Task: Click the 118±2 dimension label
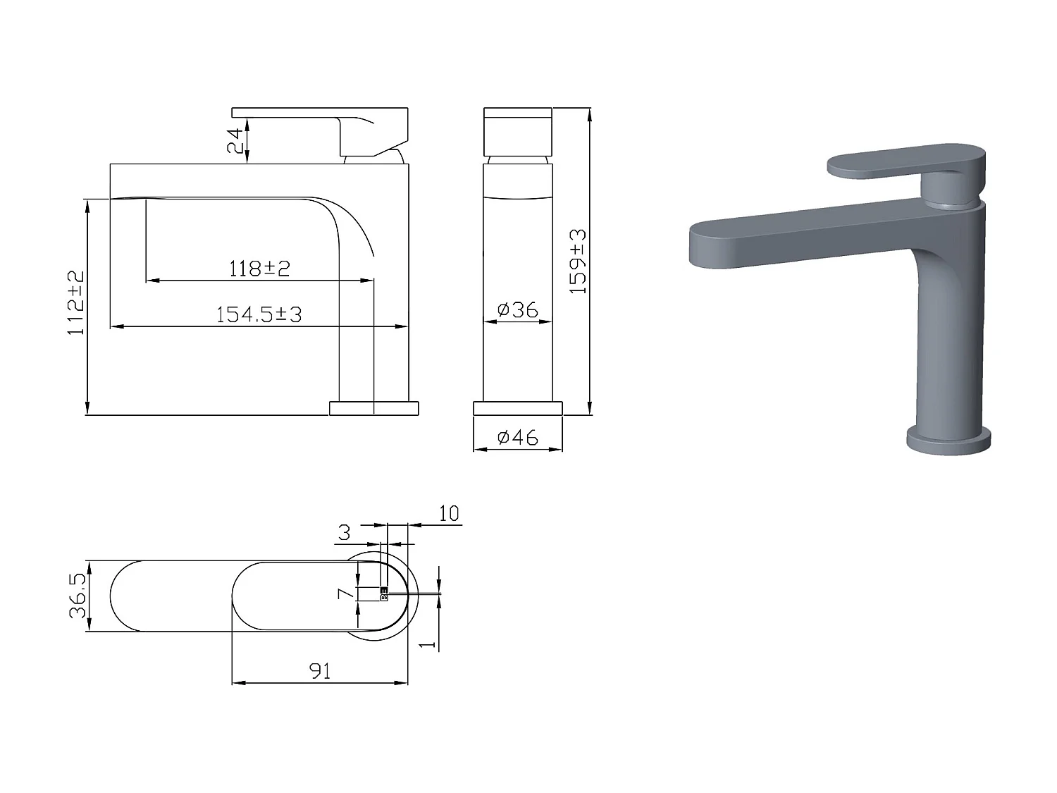tap(259, 268)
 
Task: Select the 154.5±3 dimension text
tap(259, 314)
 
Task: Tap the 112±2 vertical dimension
tap(76, 302)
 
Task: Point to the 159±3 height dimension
tap(578, 262)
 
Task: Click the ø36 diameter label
tap(517, 309)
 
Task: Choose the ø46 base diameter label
tap(517, 437)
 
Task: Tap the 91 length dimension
tap(320, 671)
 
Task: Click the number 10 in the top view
tap(448, 513)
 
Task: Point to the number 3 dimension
tap(344, 532)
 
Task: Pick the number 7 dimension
tap(345, 593)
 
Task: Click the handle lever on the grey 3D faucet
tap(902, 161)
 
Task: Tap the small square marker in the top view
tap(384, 594)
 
